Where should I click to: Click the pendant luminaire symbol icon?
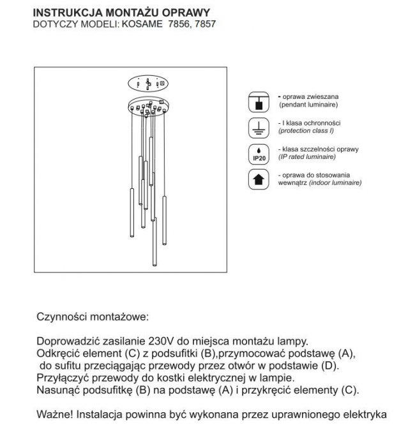tap(258, 101)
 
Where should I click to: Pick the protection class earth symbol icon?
tap(258, 127)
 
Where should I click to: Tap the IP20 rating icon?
tap(258, 153)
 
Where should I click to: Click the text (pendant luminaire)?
tap(308, 103)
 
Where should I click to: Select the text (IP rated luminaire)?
tap(310, 156)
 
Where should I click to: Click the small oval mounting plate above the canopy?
tap(147, 82)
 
